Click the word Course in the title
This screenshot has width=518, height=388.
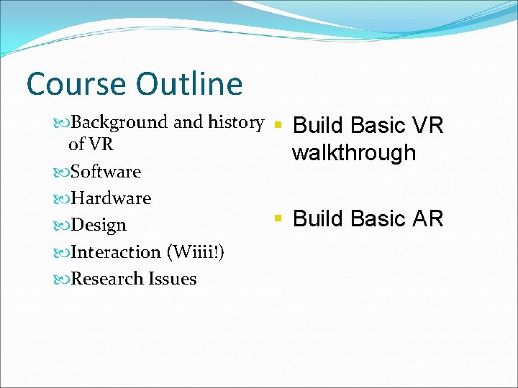[75, 84]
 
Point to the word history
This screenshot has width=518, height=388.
[235, 123]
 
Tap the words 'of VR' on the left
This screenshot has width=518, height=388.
[91, 144]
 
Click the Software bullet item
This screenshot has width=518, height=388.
[106, 172]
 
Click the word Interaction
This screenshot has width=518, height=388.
[117, 252]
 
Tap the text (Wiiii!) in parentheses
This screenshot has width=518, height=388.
[195, 252]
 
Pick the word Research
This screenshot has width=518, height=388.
[107, 279]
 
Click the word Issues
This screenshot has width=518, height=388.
[173, 279]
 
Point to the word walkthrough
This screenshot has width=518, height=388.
[354, 153]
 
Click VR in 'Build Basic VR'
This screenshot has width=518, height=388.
[427, 126]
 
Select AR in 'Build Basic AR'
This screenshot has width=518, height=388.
[427, 218]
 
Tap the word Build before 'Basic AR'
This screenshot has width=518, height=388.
[318, 218]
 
